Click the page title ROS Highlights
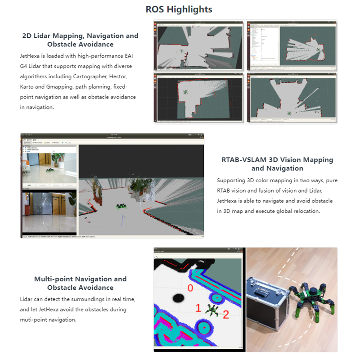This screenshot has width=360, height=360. click(179, 9)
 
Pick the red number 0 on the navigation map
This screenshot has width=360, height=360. click(190, 288)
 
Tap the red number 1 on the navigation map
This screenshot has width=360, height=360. click(198, 308)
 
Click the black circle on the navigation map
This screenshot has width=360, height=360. click(179, 298)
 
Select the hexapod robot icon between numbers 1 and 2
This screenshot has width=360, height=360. click(211, 310)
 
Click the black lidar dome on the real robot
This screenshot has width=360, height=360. click(310, 289)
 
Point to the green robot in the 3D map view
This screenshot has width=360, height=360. click(121, 207)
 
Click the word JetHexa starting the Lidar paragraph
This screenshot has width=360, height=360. click(30, 55)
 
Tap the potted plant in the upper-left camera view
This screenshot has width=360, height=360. click(58, 159)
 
